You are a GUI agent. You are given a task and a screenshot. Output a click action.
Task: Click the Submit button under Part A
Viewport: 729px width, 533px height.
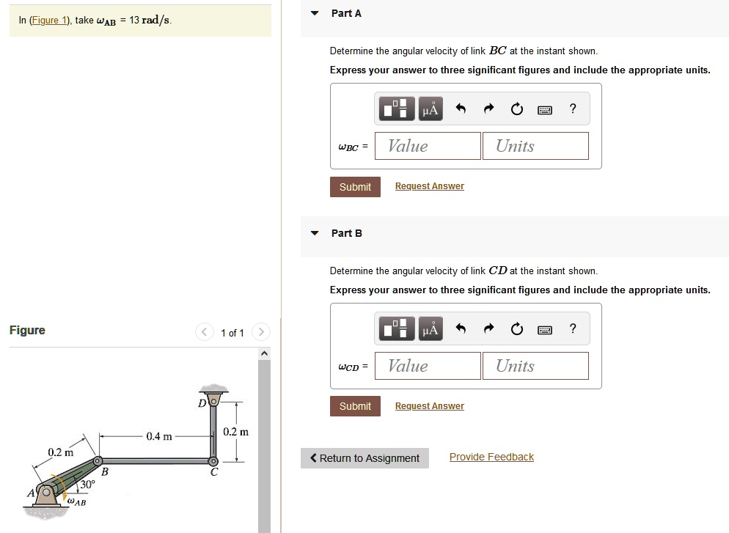tap(355, 187)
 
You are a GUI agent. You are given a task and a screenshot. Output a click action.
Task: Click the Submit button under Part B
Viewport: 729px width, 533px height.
tap(355, 406)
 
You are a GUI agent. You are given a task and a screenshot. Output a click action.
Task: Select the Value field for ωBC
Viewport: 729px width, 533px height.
tap(428, 146)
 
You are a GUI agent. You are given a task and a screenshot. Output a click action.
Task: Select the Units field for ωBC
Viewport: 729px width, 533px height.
tap(535, 146)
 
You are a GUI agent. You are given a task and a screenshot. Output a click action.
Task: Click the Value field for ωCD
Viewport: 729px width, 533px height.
tap(428, 366)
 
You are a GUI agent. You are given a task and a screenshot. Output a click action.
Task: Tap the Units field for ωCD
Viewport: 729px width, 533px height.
tap(535, 366)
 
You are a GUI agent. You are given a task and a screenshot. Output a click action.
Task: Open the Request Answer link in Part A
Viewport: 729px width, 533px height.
tap(429, 186)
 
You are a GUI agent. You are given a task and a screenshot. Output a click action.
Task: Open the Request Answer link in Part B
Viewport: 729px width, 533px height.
tap(429, 406)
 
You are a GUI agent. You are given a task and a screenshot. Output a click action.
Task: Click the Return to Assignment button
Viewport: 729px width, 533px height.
tap(364, 458)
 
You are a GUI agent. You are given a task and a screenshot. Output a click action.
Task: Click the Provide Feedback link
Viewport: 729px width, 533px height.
tap(491, 457)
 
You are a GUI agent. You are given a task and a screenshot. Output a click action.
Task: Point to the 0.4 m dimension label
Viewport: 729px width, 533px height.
tap(159, 436)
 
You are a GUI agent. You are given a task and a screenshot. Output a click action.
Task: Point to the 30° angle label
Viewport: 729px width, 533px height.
tap(88, 485)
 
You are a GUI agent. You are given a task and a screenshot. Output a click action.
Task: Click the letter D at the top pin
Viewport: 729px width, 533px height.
tap(202, 402)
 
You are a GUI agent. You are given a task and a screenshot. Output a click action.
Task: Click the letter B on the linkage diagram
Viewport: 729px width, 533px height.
tap(104, 472)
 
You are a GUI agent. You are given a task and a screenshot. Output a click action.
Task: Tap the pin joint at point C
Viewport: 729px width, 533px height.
tap(213, 462)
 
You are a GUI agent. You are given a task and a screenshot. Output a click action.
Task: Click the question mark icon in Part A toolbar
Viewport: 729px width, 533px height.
tap(573, 109)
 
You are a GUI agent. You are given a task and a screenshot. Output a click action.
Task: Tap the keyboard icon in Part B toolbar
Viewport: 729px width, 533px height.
tap(545, 329)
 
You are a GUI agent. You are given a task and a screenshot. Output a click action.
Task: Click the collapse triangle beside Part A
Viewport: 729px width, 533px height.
tap(315, 13)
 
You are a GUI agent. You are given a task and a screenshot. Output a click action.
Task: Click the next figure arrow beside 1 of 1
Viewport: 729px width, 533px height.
tap(261, 332)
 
